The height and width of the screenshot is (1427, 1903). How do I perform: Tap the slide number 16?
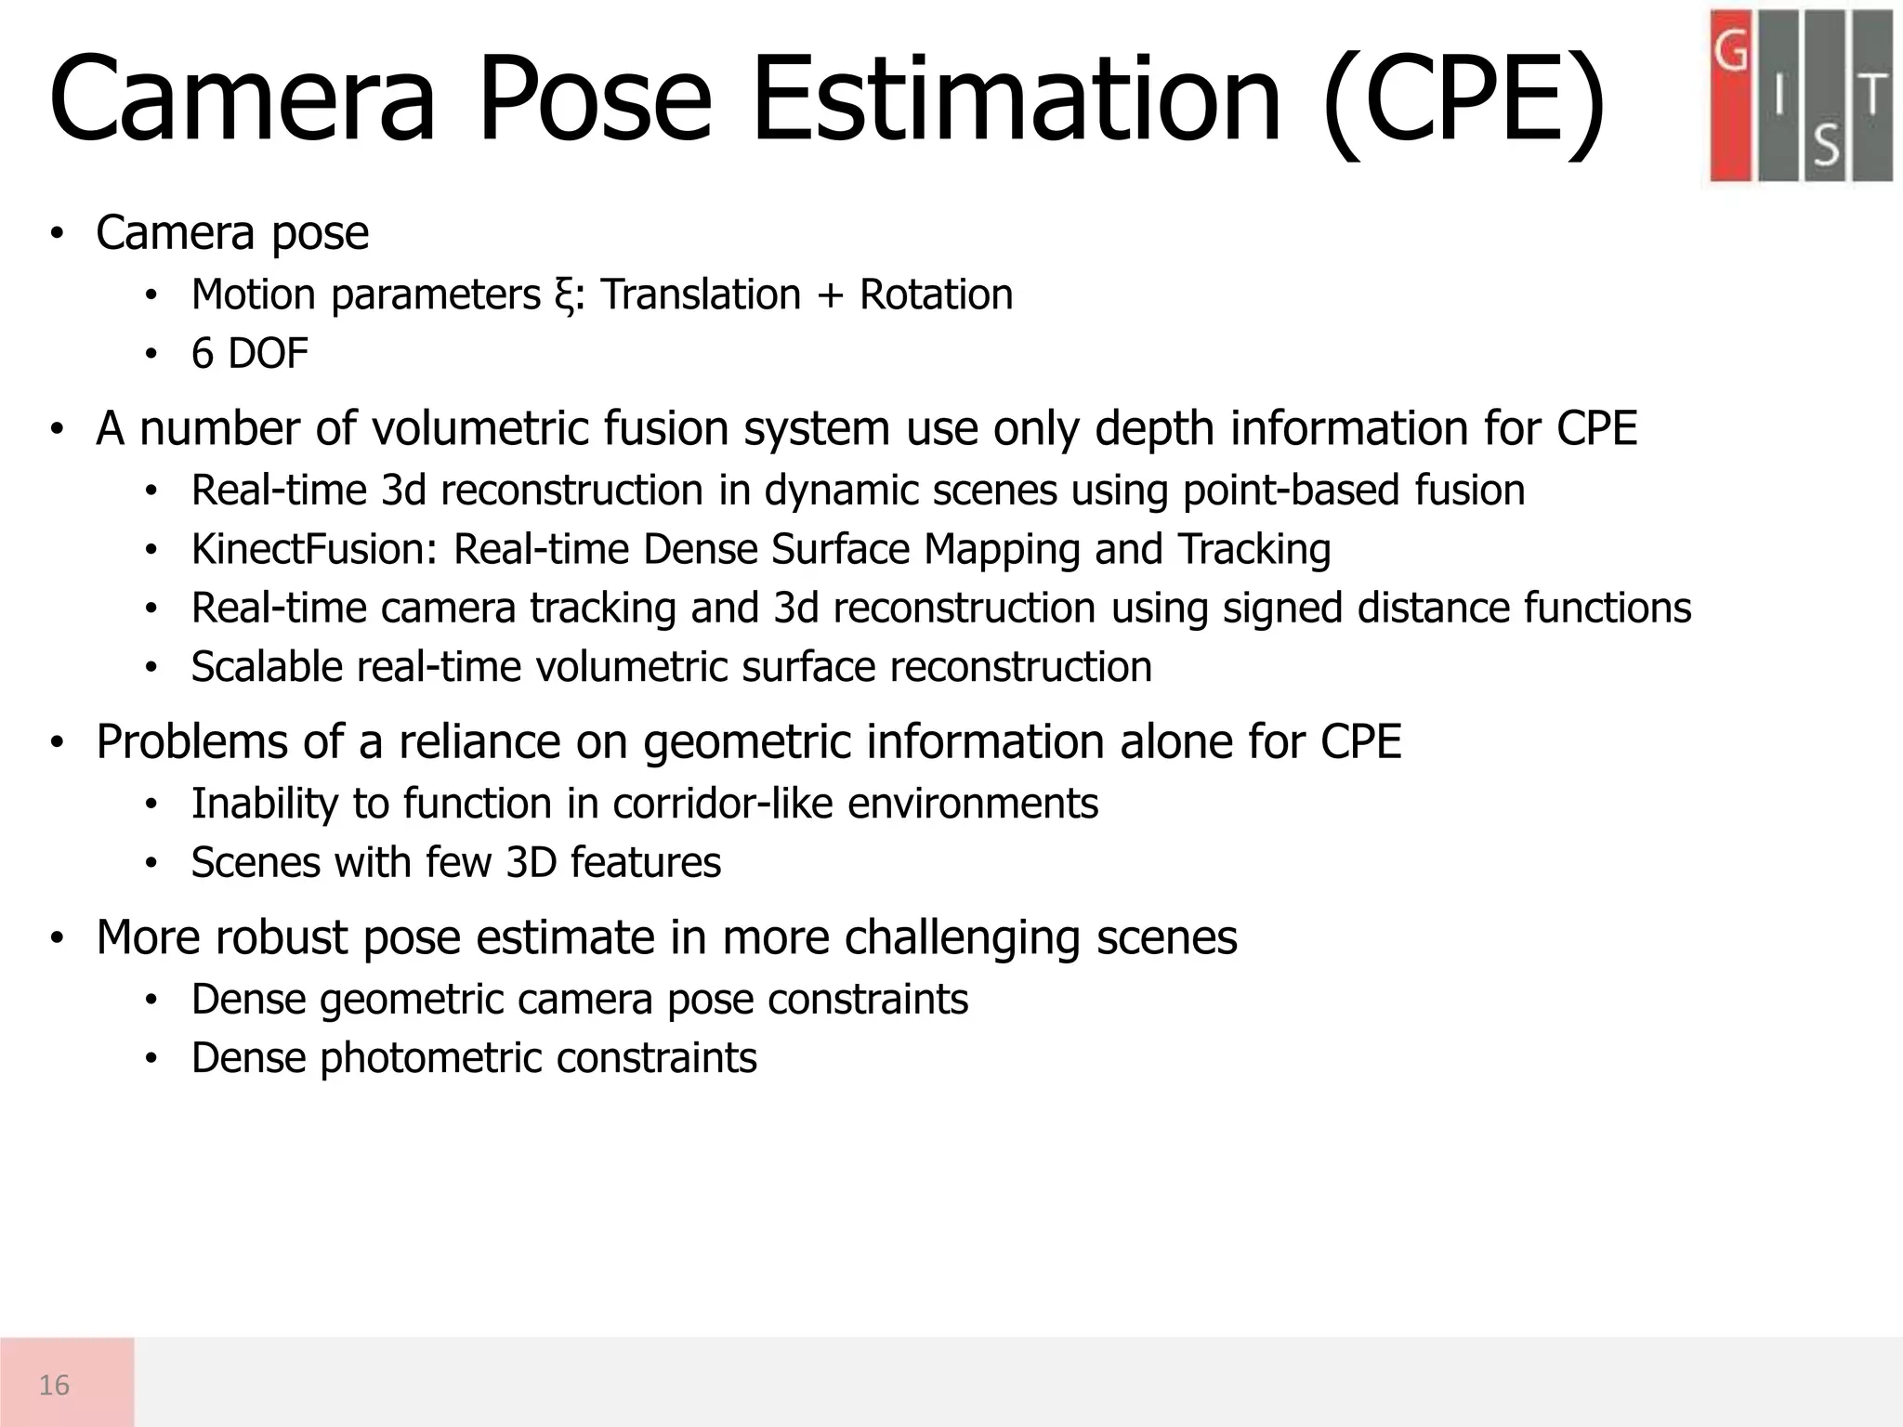[55, 1385]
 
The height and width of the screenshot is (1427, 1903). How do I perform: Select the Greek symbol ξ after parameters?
[560, 296]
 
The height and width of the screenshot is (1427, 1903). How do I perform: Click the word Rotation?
[936, 295]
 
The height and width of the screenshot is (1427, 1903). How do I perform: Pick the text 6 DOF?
[249, 354]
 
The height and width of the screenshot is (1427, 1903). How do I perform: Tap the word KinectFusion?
[314, 549]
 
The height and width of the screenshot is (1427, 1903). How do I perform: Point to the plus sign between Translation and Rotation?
[829, 296]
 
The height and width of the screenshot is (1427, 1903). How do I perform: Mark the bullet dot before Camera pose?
[57, 233]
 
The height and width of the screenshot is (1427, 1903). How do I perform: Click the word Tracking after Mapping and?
[1253, 549]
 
